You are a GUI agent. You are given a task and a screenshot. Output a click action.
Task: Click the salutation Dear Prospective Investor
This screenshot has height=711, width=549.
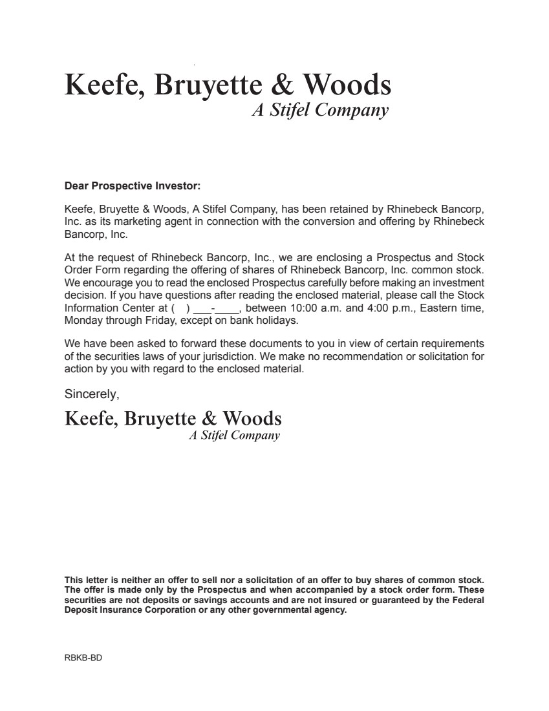pos(133,186)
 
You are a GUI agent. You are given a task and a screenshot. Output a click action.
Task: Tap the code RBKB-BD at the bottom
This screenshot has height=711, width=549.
pos(83,658)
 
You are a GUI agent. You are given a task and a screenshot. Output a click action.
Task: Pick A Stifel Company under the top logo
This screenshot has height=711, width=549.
pos(319,111)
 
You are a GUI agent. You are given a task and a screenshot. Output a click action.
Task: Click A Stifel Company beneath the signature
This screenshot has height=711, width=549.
pos(234,435)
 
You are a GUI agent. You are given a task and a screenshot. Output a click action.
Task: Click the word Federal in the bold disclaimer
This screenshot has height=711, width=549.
pos(466,600)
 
